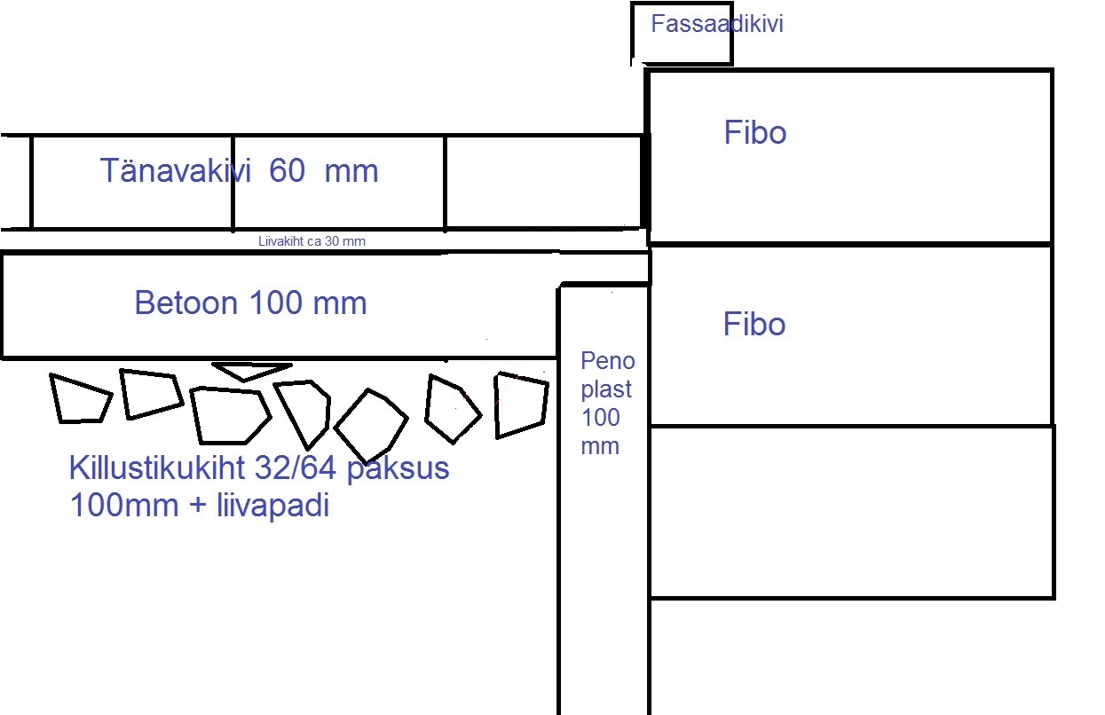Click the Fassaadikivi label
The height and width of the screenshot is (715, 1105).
717,24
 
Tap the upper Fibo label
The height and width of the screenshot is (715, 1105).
754,133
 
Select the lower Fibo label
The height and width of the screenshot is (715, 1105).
754,324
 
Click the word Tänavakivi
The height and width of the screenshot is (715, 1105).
176,170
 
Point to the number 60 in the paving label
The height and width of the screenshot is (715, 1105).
287,170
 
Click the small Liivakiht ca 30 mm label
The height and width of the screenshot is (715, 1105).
312,241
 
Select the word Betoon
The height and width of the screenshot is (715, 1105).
186,302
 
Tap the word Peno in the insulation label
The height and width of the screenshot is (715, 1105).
607,361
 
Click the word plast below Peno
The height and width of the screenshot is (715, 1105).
606,389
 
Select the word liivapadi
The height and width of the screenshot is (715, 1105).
272,506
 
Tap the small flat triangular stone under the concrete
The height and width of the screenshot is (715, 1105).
251,371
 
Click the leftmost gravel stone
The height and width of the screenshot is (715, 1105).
81,399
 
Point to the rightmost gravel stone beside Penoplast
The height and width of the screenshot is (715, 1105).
521,405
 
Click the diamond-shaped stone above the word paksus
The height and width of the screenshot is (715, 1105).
371,425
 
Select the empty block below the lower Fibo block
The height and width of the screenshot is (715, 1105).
852,513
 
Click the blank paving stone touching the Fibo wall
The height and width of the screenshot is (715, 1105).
543,183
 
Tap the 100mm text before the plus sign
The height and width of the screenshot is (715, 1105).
124,506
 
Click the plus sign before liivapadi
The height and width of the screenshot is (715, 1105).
198,506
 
